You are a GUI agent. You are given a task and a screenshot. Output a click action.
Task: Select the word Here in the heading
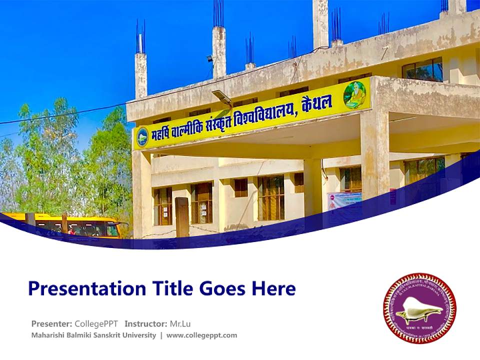pyautogui.click(x=273, y=288)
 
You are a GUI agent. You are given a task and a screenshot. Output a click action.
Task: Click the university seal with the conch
pyautogui.click(x=419, y=308)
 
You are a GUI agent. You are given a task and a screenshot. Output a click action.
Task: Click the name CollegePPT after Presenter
pyautogui.click(x=96, y=323)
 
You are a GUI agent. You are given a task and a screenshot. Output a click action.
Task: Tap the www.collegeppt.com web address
pyautogui.click(x=201, y=335)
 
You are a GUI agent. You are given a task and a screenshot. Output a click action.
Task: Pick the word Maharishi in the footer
pyautogui.click(x=46, y=335)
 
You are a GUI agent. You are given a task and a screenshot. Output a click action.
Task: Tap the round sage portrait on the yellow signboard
pyautogui.click(x=354, y=94)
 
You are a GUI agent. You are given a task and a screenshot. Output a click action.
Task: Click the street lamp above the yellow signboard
pyautogui.click(x=222, y=96)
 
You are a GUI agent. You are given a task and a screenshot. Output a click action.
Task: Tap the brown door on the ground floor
pyautogui.click(x=182, y=217)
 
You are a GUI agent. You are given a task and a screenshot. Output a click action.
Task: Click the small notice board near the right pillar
pyautogui.click(x=344, y=200)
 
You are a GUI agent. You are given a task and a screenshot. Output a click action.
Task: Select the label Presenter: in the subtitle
pyautogui.click(x=51, y=323)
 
